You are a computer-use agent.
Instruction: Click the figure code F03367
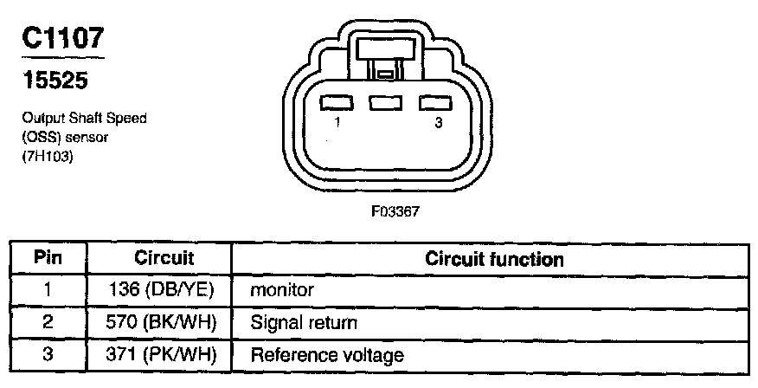point(382,210)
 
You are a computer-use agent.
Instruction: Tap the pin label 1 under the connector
point(336,124)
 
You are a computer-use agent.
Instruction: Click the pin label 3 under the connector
point(438,124)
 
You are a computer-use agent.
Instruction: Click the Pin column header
point(48,258)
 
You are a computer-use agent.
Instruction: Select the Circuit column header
point(164,258)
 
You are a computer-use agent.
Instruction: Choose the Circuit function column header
point(493,259)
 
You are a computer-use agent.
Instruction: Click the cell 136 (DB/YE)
point(164,290)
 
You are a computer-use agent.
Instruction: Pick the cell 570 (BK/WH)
point(164,322)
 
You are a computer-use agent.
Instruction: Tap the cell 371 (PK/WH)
point(164,354)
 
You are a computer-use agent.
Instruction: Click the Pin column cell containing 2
point(48,322)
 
